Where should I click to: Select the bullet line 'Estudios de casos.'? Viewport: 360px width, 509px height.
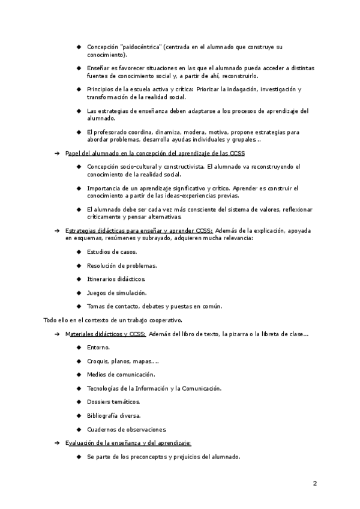(x=112, y=251)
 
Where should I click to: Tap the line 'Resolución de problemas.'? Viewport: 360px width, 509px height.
(x=122, y=265)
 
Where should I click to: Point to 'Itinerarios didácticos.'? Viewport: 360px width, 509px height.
(x=116, y=279)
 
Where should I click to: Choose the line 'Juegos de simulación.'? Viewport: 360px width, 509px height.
(x=116, y=293)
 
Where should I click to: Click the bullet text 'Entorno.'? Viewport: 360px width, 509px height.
(x=98, y=348)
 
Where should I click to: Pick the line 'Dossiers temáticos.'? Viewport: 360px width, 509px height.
(x=113, y=402)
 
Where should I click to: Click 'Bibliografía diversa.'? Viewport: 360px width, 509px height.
(x=114, y=415)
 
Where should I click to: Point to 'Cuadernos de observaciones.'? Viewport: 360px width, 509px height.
(x=127, y=429)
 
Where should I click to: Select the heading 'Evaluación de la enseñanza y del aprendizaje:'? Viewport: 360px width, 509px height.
(x=128, y=443)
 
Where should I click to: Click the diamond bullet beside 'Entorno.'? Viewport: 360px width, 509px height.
(x=79, y=348)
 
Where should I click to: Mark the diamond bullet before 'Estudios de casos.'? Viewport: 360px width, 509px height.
(x=79, y=251)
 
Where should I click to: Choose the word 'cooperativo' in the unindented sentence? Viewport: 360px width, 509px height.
(x=164, y=320)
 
